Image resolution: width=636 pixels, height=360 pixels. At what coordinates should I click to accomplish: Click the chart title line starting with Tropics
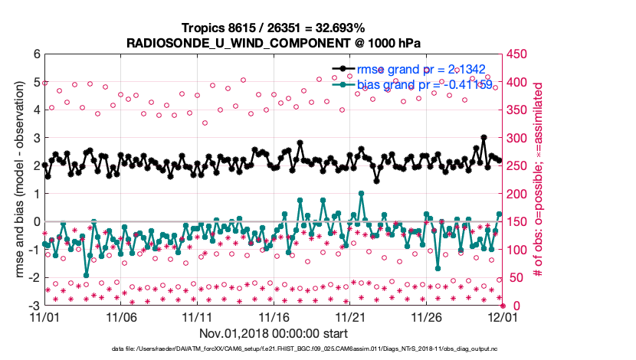[x=274, y=28]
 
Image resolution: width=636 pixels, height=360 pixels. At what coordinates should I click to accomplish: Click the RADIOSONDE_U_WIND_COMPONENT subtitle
[x=274, y=43]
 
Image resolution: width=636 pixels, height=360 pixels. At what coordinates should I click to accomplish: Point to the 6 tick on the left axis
[x=36, y=54]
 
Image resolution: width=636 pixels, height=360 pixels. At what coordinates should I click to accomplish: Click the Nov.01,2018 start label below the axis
[x=274, y=333]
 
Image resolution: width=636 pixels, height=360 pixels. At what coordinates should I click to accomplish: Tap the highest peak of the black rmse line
[x=484, y=138]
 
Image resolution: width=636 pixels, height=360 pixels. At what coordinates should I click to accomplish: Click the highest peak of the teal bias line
[x=361, y=194]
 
